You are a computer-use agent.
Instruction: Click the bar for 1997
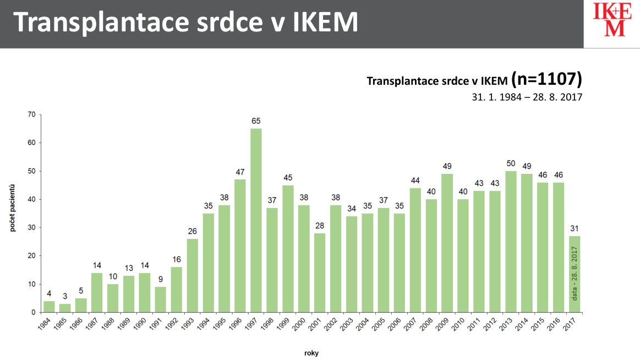coord(256,220)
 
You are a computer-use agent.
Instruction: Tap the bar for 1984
coord(49,307)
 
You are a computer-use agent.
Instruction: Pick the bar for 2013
coord(511,242)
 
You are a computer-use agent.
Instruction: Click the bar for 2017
coord(575,274)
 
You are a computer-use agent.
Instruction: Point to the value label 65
coord(256,121)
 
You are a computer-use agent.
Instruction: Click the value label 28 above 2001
coord(320,225)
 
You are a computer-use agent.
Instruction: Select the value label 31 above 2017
coord(575,228)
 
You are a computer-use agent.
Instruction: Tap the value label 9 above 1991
coord(161,279)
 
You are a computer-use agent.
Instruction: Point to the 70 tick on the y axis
coord(31,114)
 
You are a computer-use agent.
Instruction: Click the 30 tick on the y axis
coord(31,228)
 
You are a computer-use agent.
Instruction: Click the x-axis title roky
coord(311,353)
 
